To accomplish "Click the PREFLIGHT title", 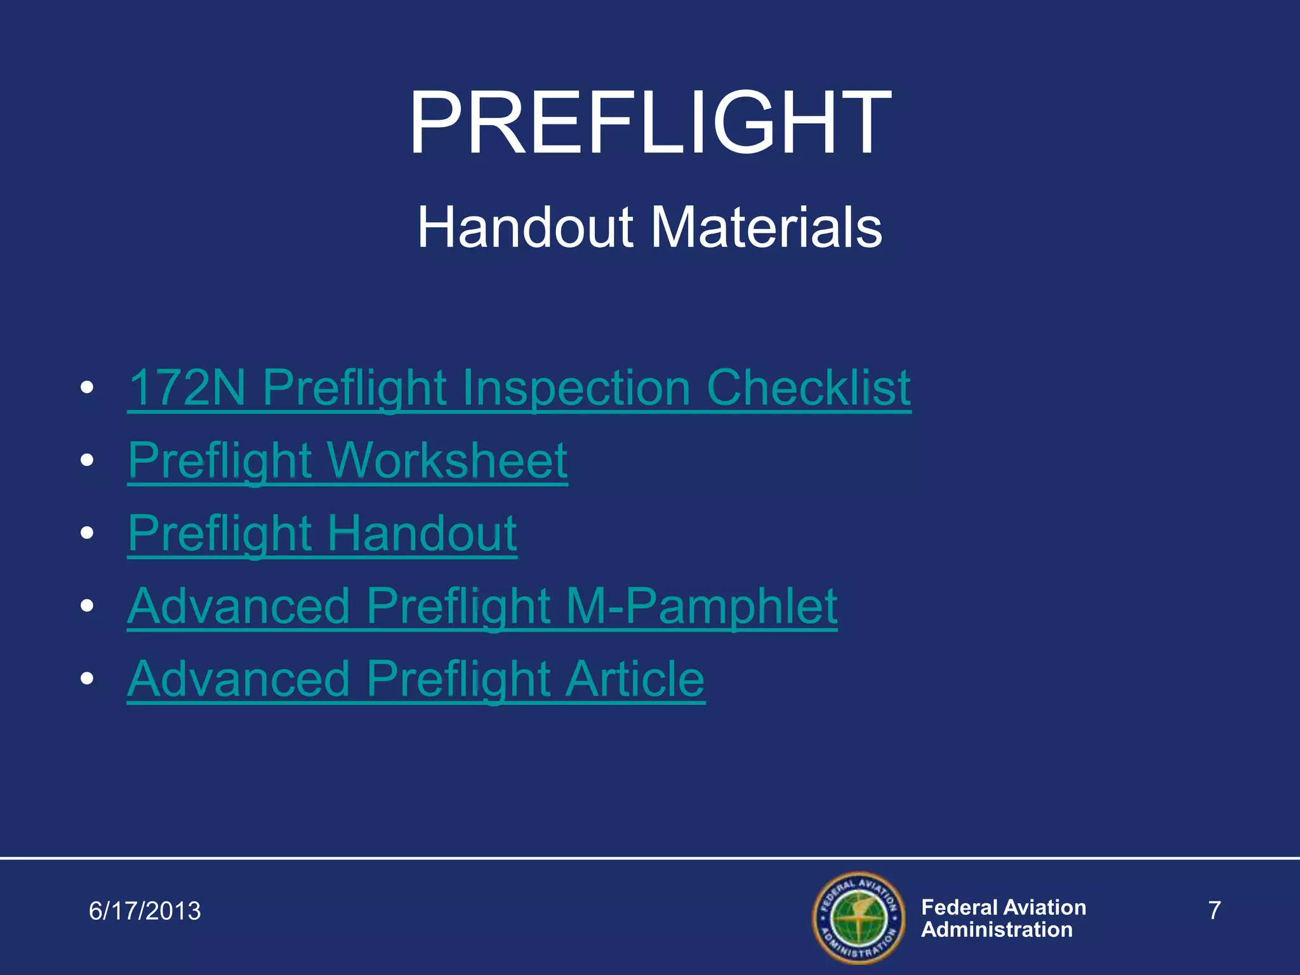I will click(x=650, y=123).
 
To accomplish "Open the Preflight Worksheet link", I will click(x=347, y=460).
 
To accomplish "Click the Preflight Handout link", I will click(x=322, y=533).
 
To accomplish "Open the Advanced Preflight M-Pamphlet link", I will click(x=482, y=606).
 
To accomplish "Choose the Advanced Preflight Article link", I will click(x=416, y=679).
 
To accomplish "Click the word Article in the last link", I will click(x=635, y=679).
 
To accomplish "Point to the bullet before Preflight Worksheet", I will click(x=88, y=460).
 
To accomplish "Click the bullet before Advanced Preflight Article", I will click(x=88, y=679).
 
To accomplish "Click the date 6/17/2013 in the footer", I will click(x=145, y=911).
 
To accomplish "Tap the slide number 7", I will click(x=1214, y=911).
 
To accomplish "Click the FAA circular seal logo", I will click(x=858, y=918).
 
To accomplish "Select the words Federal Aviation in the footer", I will click(x=1003, y=907).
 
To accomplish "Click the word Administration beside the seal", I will click(x=997, y=930).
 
